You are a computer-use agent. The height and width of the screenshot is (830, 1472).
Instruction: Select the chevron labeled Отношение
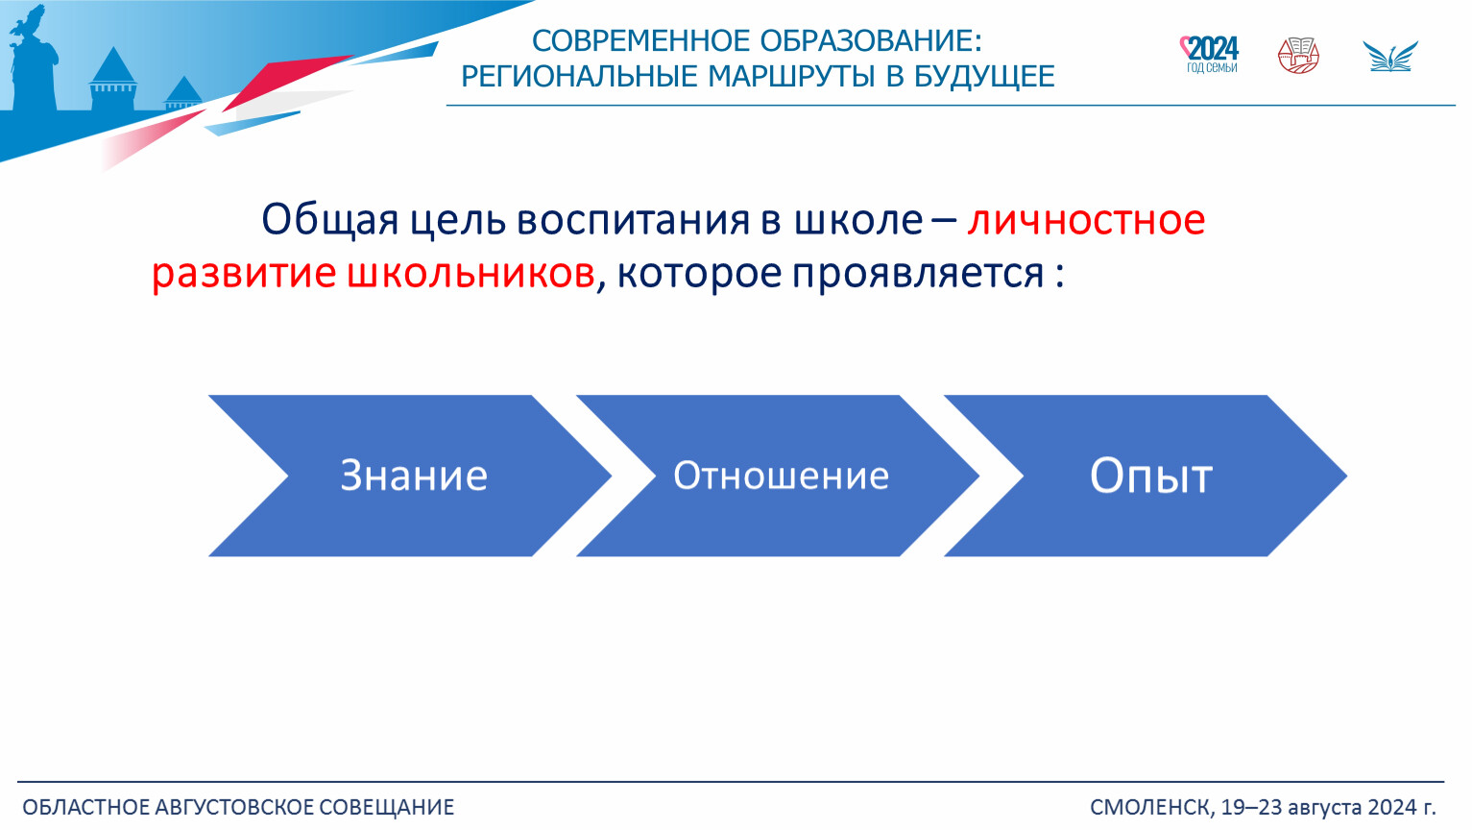point(779,476)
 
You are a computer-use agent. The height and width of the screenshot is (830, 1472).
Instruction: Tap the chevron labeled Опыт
point(1146,476)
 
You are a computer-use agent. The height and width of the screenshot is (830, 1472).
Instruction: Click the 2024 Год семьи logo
point(1209,55)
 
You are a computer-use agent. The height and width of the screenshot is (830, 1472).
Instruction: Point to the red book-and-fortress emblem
point(1298,56)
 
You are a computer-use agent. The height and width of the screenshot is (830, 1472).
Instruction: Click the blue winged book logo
point(1390,57)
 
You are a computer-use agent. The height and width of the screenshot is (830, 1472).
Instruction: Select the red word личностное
point(1086,219)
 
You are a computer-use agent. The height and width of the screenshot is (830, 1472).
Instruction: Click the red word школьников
point(471,273)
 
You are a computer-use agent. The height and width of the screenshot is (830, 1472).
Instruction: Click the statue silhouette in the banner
point(33,60)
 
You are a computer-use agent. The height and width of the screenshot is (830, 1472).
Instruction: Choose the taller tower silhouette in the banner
point(113,79)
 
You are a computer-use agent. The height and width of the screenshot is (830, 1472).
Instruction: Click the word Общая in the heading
point(330,220)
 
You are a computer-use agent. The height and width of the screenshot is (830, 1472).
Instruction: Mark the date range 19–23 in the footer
point(1252,807)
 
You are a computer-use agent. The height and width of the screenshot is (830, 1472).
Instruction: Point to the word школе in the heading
point(858,220)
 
